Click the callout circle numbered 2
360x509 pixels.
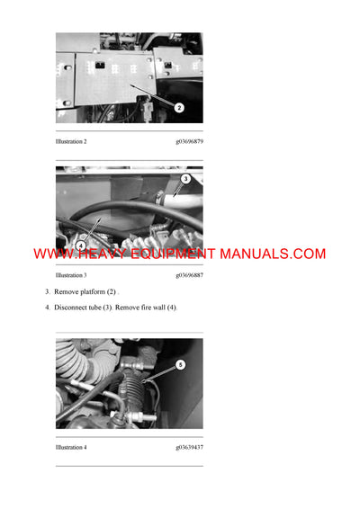pyautogui.click(x=179, y=108)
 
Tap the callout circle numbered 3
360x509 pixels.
pyautogui.click(x=185, y=179)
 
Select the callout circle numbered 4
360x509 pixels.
pyautogui.click(x=80, y=245)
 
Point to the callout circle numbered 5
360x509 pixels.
pyautogui.click(x=180, y=364)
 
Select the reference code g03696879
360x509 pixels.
pyautogui.click(x=189, y=141)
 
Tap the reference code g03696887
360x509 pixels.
pyautogui.click(x=189, y=275)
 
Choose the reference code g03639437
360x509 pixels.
pyautogui.click(x=189, y=447)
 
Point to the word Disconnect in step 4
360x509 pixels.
pyautogui.click(x=72, y=308)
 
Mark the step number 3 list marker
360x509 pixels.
pyautogui.click(x=48, y=292)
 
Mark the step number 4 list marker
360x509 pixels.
pyautogui.click(x=48, y=308)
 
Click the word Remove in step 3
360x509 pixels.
pyautogui.click(x=67, y=292)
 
